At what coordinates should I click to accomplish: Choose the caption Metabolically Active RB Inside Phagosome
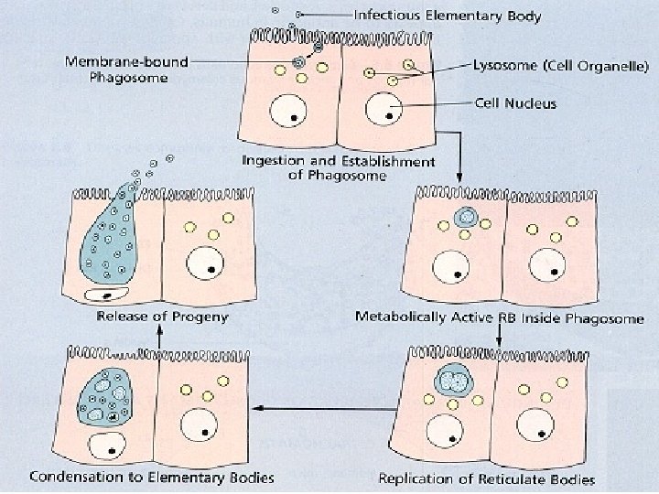point(499,318)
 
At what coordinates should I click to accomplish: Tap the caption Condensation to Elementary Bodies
point(152,477)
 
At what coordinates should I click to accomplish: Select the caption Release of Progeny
point(162,317)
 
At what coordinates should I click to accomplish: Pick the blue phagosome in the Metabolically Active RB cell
point(467,219)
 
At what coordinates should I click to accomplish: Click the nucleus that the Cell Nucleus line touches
point(383,111)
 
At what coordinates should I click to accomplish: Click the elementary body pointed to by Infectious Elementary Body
point(299,15)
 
